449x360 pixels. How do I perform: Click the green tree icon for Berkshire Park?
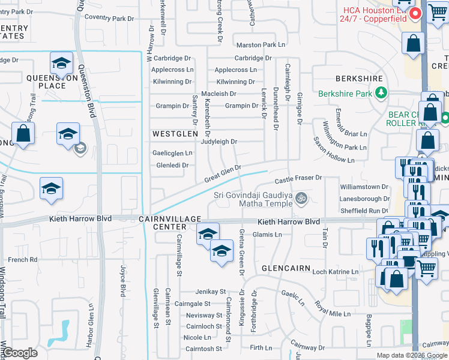[x=380, y=93]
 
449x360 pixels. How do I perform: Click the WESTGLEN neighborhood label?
[x=175, y=133]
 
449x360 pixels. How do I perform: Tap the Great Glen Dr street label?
[x=222, y=175]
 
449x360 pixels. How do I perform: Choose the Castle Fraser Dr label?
[x=298, y=179]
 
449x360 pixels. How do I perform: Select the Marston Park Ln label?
[x=261, y=45]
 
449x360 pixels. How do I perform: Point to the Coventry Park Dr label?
[x=109, y=17]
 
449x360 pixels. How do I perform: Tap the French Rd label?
[x=23, y=260]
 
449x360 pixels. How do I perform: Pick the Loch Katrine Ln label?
[x=335, y=272]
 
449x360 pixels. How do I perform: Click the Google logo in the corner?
[x=21, y=353]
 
